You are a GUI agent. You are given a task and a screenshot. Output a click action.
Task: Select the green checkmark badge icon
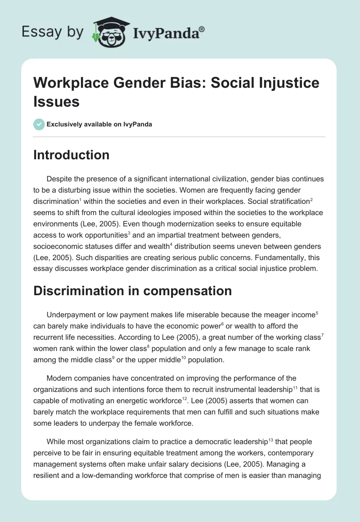tap(39, 124)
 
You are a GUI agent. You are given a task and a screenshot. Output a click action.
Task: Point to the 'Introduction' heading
tap(72, 155)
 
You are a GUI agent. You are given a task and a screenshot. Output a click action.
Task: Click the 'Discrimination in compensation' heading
tap(133, 291)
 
